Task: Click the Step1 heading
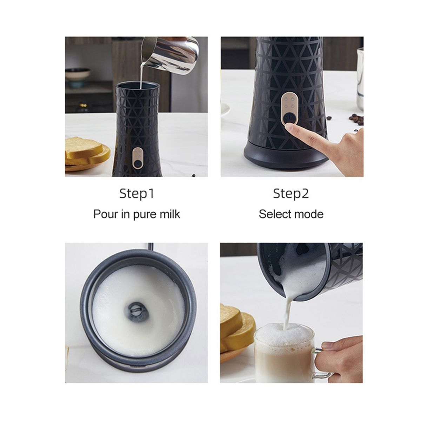point(137,194)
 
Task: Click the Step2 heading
point(291,194)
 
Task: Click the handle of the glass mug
point(323,363)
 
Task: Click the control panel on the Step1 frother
point(137,158)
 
